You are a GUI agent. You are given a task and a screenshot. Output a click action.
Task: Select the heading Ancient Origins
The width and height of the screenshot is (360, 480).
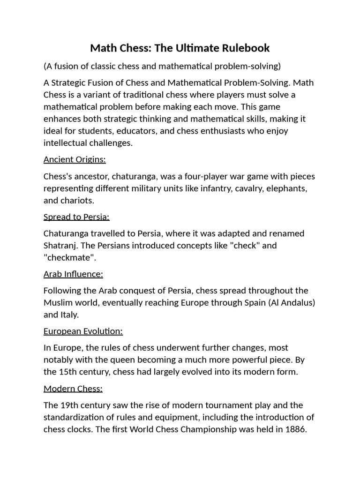point(75,159)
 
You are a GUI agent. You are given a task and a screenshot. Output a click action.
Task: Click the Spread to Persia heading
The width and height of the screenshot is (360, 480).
point(76,217)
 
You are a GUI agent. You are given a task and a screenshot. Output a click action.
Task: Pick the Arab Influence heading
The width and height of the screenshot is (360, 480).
point(73,274)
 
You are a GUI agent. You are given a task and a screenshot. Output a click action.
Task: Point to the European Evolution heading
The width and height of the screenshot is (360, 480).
point(83,331)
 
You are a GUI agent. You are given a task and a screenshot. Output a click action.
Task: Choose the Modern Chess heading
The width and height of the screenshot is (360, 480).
point(73,389)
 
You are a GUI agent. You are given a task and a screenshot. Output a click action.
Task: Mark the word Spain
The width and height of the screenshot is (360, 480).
point(254,302)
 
